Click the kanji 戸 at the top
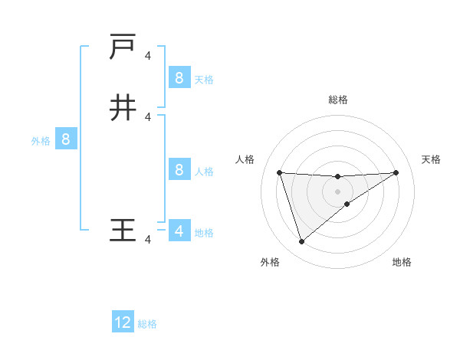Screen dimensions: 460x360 coord(123,48)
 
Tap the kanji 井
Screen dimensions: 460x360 coord(123,108)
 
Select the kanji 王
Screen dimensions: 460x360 coord(123,230)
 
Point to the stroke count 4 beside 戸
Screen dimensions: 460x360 coord(148,55)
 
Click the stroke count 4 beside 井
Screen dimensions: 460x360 coord(148,116)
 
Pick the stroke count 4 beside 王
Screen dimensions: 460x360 coord(148,240)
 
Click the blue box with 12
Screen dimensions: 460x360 coord(123,322)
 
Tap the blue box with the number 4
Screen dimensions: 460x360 coord(179,231)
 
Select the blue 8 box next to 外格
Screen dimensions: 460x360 coord(66,139)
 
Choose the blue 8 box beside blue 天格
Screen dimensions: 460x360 coord(179,77)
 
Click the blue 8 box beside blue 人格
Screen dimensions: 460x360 coord(179,169)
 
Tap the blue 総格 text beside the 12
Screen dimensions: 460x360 coord(147,324)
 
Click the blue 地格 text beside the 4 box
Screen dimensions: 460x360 coord(204,233)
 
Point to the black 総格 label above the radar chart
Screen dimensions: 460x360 coord(337,100)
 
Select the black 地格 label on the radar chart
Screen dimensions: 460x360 coord(402,263)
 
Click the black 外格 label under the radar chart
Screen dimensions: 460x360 coord(270,263)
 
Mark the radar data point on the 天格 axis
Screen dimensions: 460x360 coord(396,172)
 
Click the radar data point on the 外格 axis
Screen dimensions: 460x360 coord(301,242)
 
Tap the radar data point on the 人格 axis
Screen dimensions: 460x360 coord(279,172)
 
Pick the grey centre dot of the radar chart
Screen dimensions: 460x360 coord(337,191)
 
